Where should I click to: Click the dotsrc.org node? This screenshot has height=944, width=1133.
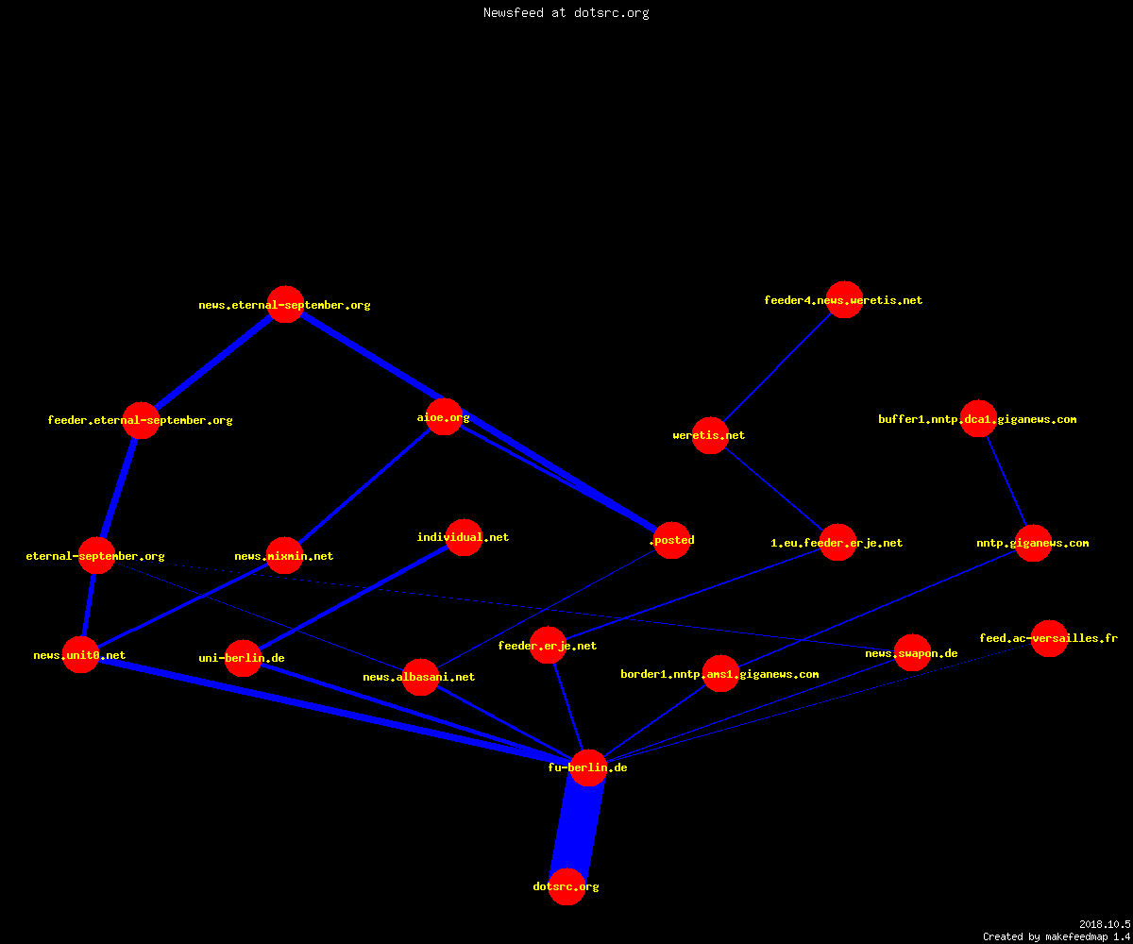[x=567, y=886]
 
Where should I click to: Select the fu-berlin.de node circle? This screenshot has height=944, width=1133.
[x=589, y=767]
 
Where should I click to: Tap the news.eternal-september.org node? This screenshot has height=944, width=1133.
[x=285, y=304]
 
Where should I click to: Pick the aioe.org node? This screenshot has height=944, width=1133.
[x=445, y=416]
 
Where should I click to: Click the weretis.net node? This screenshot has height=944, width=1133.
[x=710, y=435]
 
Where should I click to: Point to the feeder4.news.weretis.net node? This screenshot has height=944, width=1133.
[x=844, y=299]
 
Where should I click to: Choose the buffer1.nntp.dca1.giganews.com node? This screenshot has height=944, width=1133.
[x=978, y=418]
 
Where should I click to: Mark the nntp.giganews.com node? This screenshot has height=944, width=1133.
[x=1033, y=543]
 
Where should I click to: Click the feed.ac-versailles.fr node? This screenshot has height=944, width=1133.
[x=1049, y=638]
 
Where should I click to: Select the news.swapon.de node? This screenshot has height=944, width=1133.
[x=913, y=652]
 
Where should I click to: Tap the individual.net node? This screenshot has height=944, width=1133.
[x=464, y=537]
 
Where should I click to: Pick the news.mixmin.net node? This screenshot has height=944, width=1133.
[x=284, y=556]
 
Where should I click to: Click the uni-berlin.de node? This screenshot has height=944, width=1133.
[x=243, y=658]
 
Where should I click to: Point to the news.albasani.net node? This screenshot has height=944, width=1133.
[x=420, y=677]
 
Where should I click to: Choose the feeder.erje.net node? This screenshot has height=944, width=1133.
[x=548, y=645]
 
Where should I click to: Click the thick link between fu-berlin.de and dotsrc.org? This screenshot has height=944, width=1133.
[x=578, y=827]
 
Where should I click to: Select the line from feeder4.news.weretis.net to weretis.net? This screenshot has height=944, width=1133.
[x=778, y=367]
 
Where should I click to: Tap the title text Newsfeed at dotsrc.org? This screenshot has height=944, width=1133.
[x=566, y=13]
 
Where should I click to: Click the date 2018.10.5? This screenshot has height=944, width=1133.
[x=1105, y=924]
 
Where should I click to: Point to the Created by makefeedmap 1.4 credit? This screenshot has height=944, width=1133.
[x=1057, y=937]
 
